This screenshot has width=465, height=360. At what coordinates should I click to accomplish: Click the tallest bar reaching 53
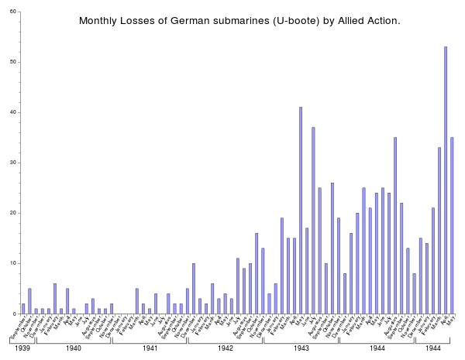[x=446, y=180]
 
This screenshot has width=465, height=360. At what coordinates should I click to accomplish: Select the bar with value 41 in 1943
[x=301, y=210]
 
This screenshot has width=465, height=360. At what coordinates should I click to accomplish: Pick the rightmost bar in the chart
[x=452, y=225]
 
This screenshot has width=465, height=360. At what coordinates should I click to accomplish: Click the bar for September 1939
[x=23, y=308]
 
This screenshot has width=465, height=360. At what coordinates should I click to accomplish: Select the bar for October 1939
[x=29, y=301]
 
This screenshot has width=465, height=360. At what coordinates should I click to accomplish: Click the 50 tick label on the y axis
[x=13, y=62]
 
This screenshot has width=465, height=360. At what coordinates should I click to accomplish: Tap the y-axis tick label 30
[x=13, y=163]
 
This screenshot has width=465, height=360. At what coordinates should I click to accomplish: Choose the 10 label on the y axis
[x=13, y=263]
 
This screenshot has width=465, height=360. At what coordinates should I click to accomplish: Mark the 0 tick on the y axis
[x=15, y=314]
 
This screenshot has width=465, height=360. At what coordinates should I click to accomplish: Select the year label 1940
[x=74, y=348]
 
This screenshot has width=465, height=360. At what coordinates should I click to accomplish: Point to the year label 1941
[x=150, y=348]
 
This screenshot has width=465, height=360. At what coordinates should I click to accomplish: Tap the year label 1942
[x=226, y=348]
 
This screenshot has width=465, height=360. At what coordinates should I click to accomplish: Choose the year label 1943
[x=301, y=348]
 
